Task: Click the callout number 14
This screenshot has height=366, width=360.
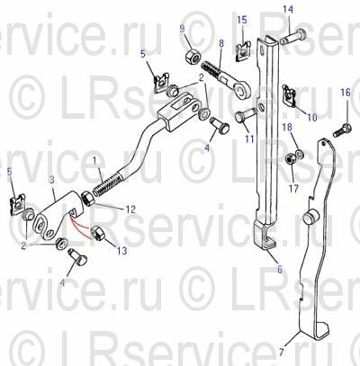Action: pos(288,10)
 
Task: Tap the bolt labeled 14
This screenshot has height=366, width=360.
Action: pos(293,38)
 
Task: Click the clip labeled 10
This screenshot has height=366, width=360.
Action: pos(290,95)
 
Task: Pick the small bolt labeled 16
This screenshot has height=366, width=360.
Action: pos(342,129)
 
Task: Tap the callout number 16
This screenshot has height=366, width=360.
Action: pos(346,93)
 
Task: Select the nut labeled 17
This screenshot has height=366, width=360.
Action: pos(290,158)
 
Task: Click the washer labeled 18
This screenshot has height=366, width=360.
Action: pos(299,154)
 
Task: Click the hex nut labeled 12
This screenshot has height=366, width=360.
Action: pos(88,200)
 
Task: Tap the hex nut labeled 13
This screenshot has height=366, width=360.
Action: pos(97,233)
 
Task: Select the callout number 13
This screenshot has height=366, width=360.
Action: pos(121,251)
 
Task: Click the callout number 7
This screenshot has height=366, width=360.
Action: pos(281,352)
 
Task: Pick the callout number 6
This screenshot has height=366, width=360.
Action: pos(280,269)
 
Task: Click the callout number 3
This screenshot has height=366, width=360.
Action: pos(52,180)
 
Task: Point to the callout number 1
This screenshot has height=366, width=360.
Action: pos(94,161)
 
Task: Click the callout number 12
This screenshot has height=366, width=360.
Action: pos(130,210)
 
